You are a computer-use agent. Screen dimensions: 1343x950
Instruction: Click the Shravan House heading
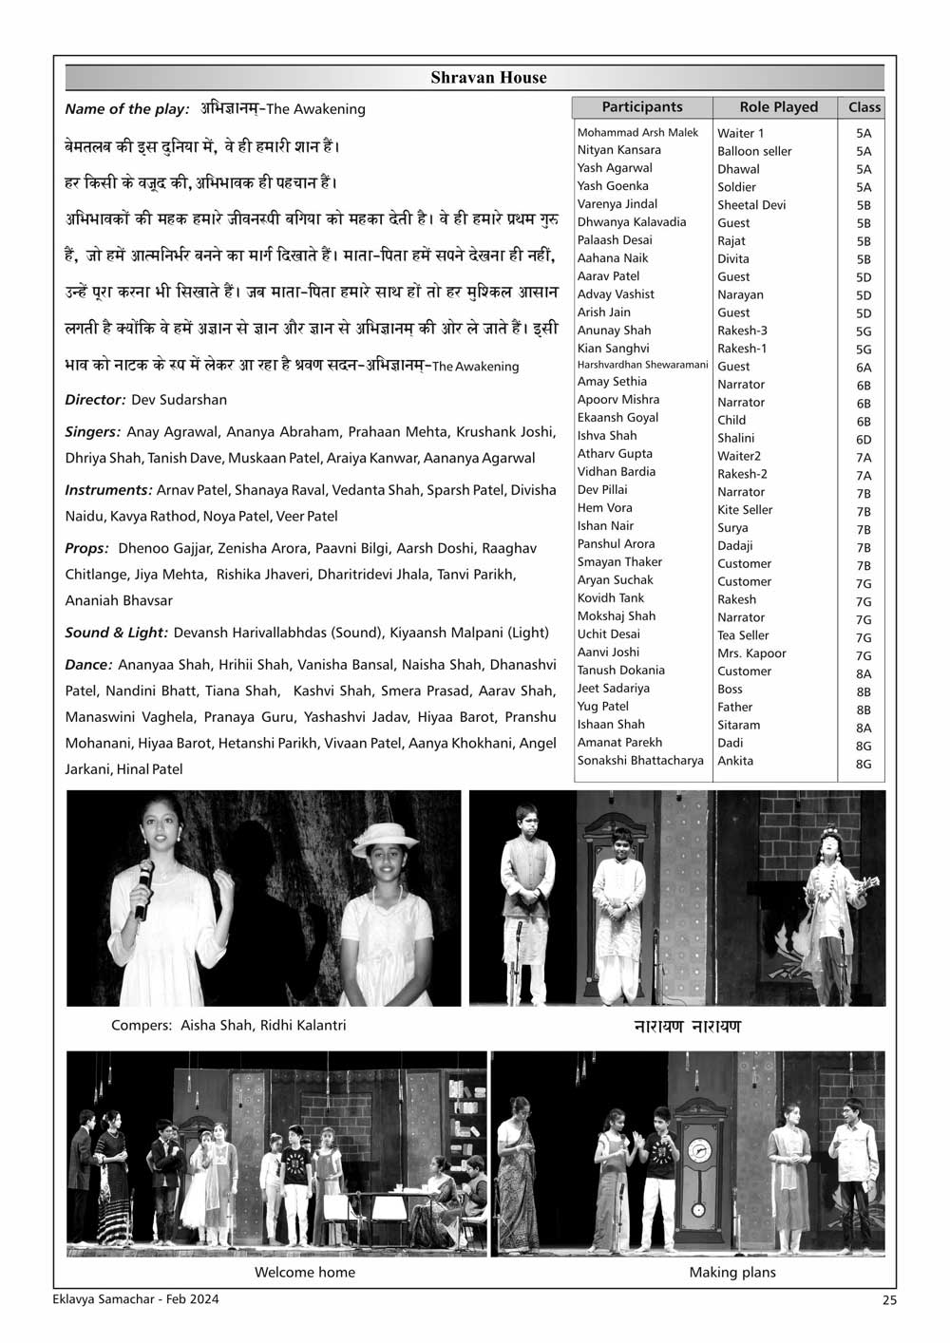pos(488,77)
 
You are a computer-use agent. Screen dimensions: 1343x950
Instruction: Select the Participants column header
pos(642,107)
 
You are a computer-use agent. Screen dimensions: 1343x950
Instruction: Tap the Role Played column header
pos(778,107)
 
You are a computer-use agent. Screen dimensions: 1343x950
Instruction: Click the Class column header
pos(864,107)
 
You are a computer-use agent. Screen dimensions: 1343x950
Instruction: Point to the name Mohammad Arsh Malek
pos(637,133)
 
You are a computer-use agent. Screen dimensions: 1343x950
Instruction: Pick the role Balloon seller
pos(754,151)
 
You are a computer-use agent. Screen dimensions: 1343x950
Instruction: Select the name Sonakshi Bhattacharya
pos(640,761)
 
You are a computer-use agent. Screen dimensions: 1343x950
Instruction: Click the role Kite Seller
pos(745,510)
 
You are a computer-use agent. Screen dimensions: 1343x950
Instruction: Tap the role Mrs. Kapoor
pos(751,653)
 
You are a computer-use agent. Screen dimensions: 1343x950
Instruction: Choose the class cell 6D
pos(864,440)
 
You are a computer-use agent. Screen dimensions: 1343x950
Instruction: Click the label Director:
pos(95,400)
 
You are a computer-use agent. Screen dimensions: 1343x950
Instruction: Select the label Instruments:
pos(108,490)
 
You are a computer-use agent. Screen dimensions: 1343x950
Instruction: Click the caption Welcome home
pos(305,1273)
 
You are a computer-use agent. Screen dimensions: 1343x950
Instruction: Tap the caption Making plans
pos(732,1273)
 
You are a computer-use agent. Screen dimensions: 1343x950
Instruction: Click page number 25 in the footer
pos(888,1301)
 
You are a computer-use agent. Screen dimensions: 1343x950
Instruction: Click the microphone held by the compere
pos(143,887)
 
